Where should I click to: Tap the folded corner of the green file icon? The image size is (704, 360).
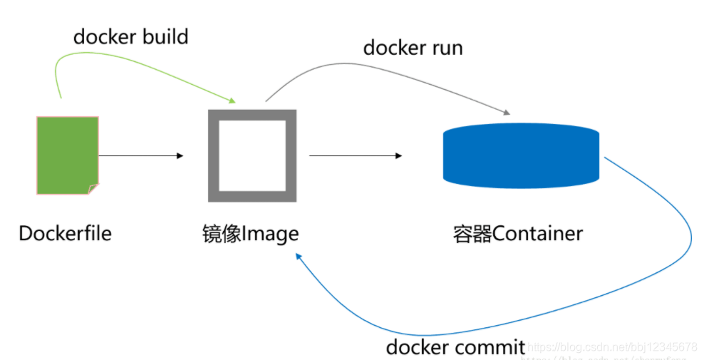pyautogui.click(x=93, y=189)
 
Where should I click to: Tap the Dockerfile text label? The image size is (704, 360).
pyautogui.click(x=65, y=233)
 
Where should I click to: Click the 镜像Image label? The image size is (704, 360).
pyautogui.click(x=250, y=233)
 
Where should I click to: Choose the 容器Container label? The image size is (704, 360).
pyautogui.click(x=517, y=233)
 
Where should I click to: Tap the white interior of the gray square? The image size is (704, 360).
pyautogui.click(x=252, y=155)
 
